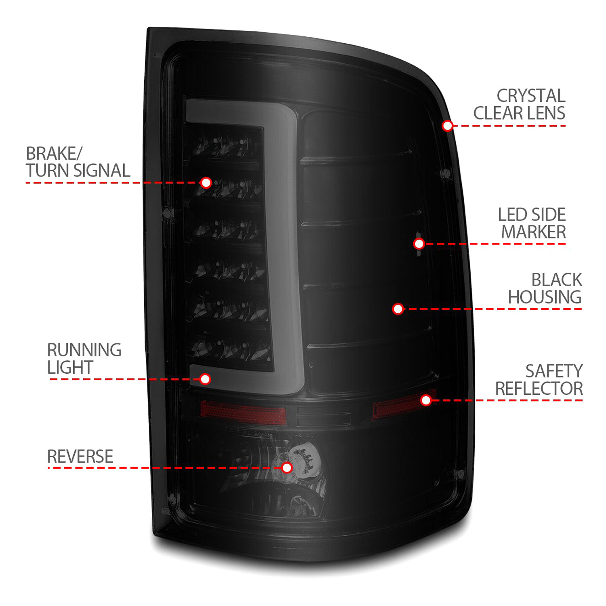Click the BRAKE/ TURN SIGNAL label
pyautogui.click(x=78, y=162)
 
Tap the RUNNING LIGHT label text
pyautogui.click(x=84, y=359)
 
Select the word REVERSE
pyautogui.click(x=80, y=457)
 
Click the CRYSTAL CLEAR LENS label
pyautogui.click(x=520, y=105)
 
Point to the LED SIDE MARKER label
pyautogui.click(x=532, y=223)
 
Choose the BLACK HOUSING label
pyautogui.click(x=545, y=288)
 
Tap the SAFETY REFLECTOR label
pyautogui.click(x=539, y=380)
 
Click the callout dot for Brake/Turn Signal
pyautogui.click(x=206, y=183)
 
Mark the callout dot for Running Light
pyautogui.click(x=205, y=379)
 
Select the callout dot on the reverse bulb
pyautogui.click(x=287, y=467)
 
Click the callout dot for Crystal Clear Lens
pyautogui.click(x=447, y=126)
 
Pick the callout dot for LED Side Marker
pyautogui.click(x=419, y=244)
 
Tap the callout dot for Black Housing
pyautogui.click(x=398, y=309)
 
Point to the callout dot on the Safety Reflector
pyautogui.click(x=426, y=400)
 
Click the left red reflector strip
pyautogui.click(x=243, y=412)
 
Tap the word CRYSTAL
pyautogui.click(x=531, y=96)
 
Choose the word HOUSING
pyautogui.click(x=545, y=297)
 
